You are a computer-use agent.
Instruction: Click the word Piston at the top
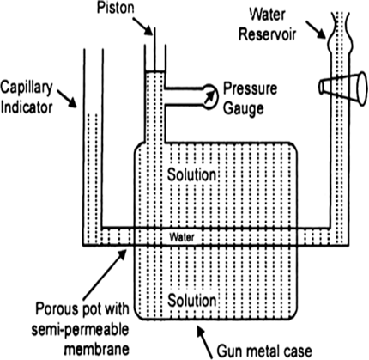[x=115, y=8]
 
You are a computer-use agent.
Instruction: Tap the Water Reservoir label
[x=267, y=24]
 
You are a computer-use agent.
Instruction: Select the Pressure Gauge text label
[x=250, y=98]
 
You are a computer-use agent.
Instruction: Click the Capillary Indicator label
[x=27, y=97]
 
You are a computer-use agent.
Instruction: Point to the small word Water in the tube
[x=182, y=237]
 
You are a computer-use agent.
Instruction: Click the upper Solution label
[x=191, y=174]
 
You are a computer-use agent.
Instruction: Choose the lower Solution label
[x=191, y=300]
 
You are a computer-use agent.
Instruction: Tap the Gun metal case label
[x=264, y=351]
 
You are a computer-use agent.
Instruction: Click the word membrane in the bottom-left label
[x=97, y=349]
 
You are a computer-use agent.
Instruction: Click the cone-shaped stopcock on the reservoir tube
[x=343, y=88]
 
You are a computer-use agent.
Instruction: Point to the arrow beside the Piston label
[x=142, y=26]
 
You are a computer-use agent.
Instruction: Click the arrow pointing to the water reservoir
[x=316, y=30]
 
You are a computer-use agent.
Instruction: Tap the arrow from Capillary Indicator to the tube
[x=67, y=99]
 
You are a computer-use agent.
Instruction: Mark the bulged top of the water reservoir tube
[x=340, y=31]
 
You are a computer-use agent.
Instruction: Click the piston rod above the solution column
[x=154, y=49]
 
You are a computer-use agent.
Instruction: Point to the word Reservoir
[x=267, y=34]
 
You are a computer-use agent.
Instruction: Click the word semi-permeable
[x=80, y=330]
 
